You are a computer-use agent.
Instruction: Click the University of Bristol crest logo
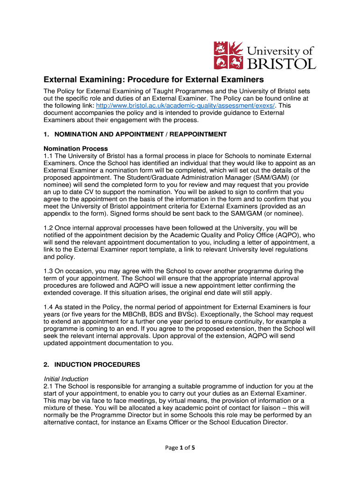click(229, 55)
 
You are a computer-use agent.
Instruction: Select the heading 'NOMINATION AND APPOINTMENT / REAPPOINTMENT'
click(140, 134)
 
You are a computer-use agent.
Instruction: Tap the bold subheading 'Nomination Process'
click(69, 148)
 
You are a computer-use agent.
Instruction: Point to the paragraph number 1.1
click(49, 155)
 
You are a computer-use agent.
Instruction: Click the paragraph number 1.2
click(49, 227)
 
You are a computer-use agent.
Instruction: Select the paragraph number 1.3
click(49, 271)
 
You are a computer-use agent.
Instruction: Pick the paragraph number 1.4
click(49, 307)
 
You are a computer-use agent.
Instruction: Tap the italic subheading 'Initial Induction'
click(66, 379)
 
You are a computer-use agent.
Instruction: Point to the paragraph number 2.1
click(49, 386)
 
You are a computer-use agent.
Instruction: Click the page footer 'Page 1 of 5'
click(180, 448)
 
